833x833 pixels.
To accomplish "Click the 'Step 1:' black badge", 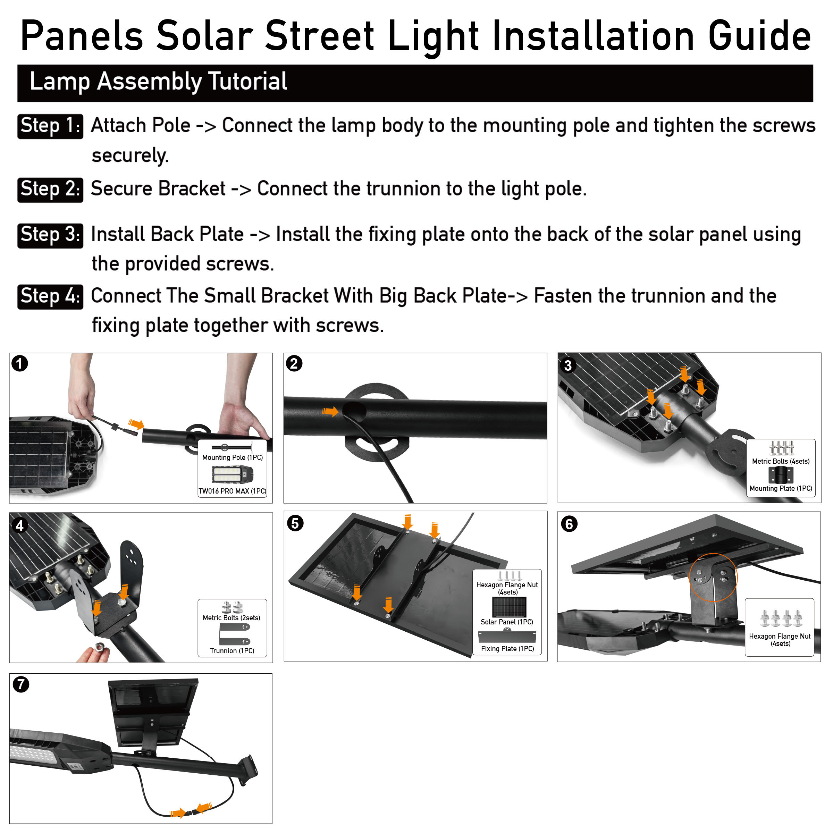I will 50,126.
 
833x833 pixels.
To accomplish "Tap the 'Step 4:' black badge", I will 50,297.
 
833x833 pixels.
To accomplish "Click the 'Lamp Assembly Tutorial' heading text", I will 158,82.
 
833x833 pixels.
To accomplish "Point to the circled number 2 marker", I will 294,363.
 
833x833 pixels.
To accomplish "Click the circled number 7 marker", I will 21,684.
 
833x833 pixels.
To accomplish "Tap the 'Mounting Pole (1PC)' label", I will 233,457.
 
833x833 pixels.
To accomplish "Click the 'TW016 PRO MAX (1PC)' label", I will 233,491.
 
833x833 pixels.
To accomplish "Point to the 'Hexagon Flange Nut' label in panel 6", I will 780,639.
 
